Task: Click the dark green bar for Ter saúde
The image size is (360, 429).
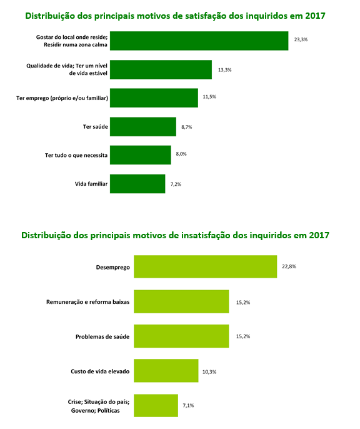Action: click(143, 127)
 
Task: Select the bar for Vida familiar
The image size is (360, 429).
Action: click(137, 184)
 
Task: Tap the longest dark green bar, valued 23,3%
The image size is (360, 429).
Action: click(199, 41)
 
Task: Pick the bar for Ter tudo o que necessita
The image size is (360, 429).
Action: click(141, 155)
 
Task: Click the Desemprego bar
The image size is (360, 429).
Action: click(205, 267)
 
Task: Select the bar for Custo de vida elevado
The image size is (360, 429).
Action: click(166, 371)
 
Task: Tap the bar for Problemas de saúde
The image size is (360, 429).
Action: click(181, 336)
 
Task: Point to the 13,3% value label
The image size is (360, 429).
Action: click(225, 70)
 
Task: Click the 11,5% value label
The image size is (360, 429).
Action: click(209, 97)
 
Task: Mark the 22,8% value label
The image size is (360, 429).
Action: click(289, 266)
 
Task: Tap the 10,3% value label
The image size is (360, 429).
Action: click(209, 372)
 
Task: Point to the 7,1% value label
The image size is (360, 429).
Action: click(188, 405)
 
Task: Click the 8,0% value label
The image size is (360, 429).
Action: click(181, 154)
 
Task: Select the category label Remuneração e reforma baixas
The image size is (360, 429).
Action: click(87, 302)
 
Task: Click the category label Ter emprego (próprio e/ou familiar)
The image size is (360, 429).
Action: click(62, 98)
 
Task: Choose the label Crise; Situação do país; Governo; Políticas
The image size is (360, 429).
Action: click(99, 406)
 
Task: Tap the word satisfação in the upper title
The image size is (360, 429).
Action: click(206, 16)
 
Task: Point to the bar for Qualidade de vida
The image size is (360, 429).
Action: click(161, 70)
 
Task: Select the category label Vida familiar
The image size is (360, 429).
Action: click(91, 184)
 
